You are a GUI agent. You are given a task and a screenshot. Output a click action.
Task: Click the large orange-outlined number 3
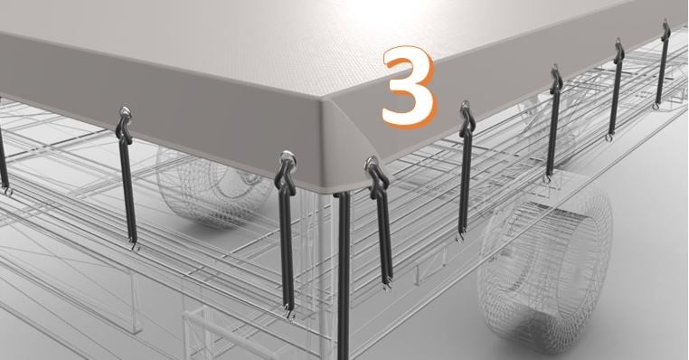(x=408, y=87)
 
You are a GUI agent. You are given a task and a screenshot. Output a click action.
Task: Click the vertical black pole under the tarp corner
(x=344, y=276)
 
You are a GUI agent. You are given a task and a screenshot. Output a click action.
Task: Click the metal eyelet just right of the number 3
(x=465, y=107)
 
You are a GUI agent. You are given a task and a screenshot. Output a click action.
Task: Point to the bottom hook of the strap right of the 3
(x=460, y=237)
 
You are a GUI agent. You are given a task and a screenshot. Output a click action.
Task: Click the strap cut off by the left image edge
(x=4, y=159)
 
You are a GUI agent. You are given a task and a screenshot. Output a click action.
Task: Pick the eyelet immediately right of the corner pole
(x=372, y=164)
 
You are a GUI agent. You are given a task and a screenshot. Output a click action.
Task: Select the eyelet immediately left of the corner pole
(x=288, y=157)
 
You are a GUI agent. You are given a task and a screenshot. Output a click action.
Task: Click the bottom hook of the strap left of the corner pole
(x=289, y=312)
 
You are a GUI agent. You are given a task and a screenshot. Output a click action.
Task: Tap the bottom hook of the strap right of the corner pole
(x=387, y=285)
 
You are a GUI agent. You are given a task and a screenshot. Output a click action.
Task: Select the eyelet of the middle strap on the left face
(x=126, y=112)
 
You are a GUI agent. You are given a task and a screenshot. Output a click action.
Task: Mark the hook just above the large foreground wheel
(x=547, y=178)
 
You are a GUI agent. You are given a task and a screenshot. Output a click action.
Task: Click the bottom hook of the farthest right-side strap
(x=656, y=106)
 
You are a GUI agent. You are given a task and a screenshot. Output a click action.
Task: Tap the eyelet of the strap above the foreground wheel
(x=555, y=70)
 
